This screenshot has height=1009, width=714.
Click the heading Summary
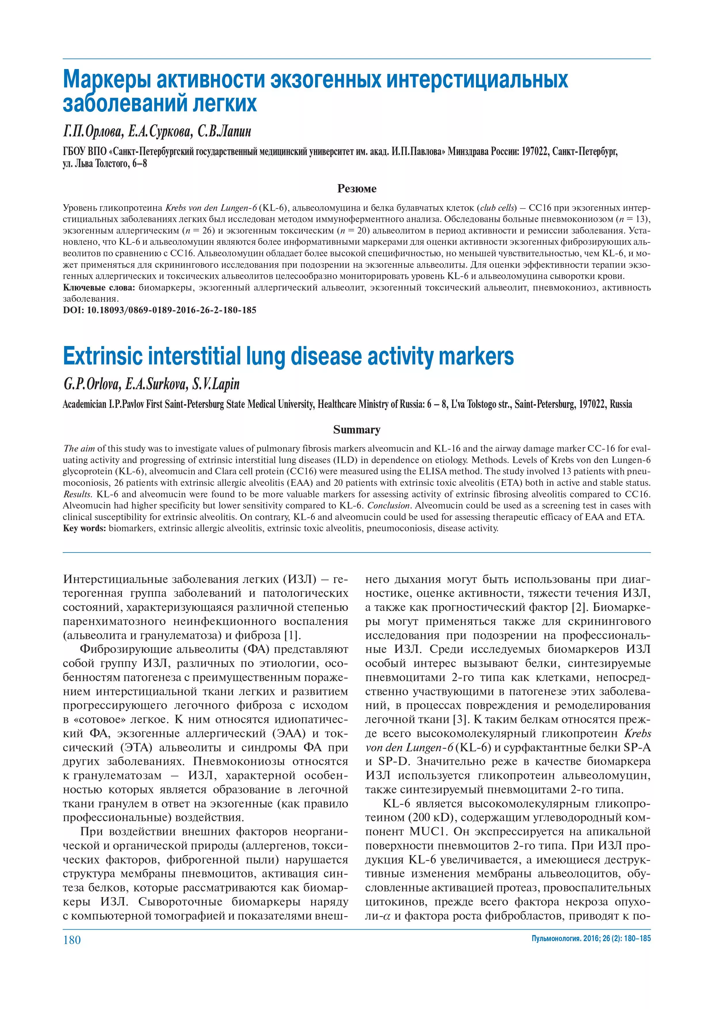(357, 429)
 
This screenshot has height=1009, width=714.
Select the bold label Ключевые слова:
(99, 288)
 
